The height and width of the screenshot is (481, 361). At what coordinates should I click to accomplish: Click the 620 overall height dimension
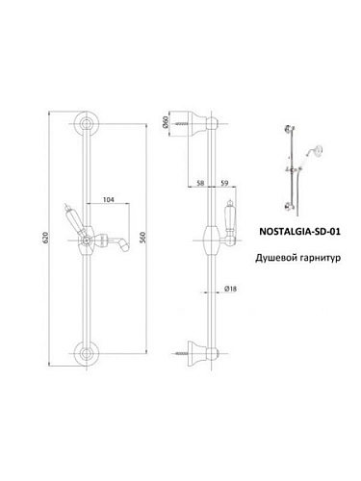pos(45,238)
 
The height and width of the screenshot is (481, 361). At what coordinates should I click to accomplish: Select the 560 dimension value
pos(143,238)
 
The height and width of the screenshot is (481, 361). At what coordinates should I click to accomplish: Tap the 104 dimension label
pos(108,199)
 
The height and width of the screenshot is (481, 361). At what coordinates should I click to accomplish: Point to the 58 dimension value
pos(200,183)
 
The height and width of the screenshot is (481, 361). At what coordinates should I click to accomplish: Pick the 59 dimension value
pos(224,183)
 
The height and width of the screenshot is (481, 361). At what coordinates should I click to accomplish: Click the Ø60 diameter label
pos(166,122)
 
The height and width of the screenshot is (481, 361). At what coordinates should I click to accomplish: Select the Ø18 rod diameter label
pos(230,289)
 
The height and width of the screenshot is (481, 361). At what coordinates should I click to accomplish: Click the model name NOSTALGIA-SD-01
pos(299,231)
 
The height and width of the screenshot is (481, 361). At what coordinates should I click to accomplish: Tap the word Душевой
pos(271,258)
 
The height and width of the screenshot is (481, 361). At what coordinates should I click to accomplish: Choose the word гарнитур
pos(315,258)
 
